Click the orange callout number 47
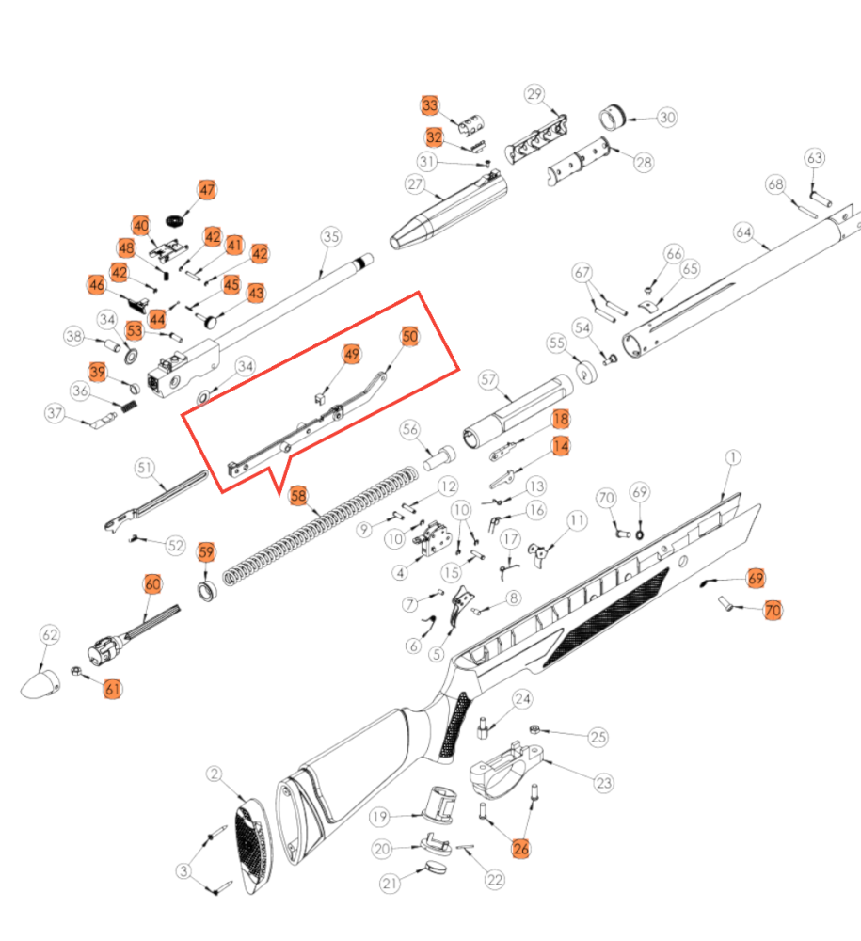pyautogui.click(x=207, y=190)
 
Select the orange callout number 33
pyautogui.click(x=430, y=105)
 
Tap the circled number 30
pyautogui.click(x=667, y=117)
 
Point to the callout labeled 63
pyautogui.click(x=814, y=158)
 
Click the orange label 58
pyautogui.click(x=298, y=496)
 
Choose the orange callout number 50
pyautogui.click(x=410, y=336)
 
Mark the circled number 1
pyautogui.click(x=733, y=458)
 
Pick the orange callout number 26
pyautogui.click(x=520, y=849)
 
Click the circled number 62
pyautogui.click(x=50, y=635)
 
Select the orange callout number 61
pyautogui.click(x=112, y=689)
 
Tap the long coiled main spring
pyautogui.click(x=320, y=526)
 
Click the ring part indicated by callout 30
pyautogui.click(x=613, y=118)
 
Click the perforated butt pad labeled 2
pyautogui.click(x=252, y=845)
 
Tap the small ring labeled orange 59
pyautogui.click(x=208, y=591)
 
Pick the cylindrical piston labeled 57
pyautogui.click(x=518, y=411)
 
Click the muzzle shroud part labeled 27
pyautogui.click(x=448, y=211)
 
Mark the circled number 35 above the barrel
pyautogui.click(x=330, y=236)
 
